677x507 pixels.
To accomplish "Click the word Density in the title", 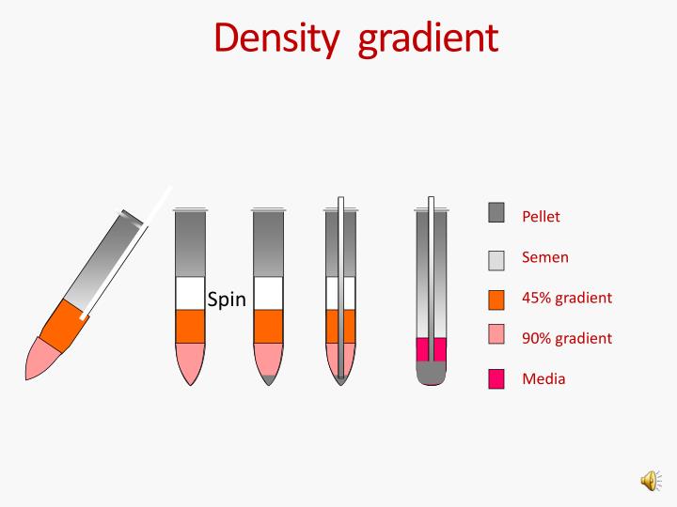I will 274,38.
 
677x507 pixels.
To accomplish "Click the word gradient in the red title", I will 429,39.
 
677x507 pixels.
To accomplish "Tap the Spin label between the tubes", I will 227,300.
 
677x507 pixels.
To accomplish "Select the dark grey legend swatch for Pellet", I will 496,213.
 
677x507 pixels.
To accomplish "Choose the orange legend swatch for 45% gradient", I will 496,300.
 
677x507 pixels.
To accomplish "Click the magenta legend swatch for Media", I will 496,378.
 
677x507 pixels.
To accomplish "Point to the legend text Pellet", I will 541,217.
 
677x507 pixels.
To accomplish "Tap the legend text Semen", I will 545,257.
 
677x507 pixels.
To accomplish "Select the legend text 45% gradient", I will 567,298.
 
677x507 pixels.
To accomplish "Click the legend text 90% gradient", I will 567,338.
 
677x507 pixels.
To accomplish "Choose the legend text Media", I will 543,379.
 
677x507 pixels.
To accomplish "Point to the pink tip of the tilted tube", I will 41,359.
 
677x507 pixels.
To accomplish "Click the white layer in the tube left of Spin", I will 190,293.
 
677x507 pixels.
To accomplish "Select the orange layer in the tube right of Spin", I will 268,326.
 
